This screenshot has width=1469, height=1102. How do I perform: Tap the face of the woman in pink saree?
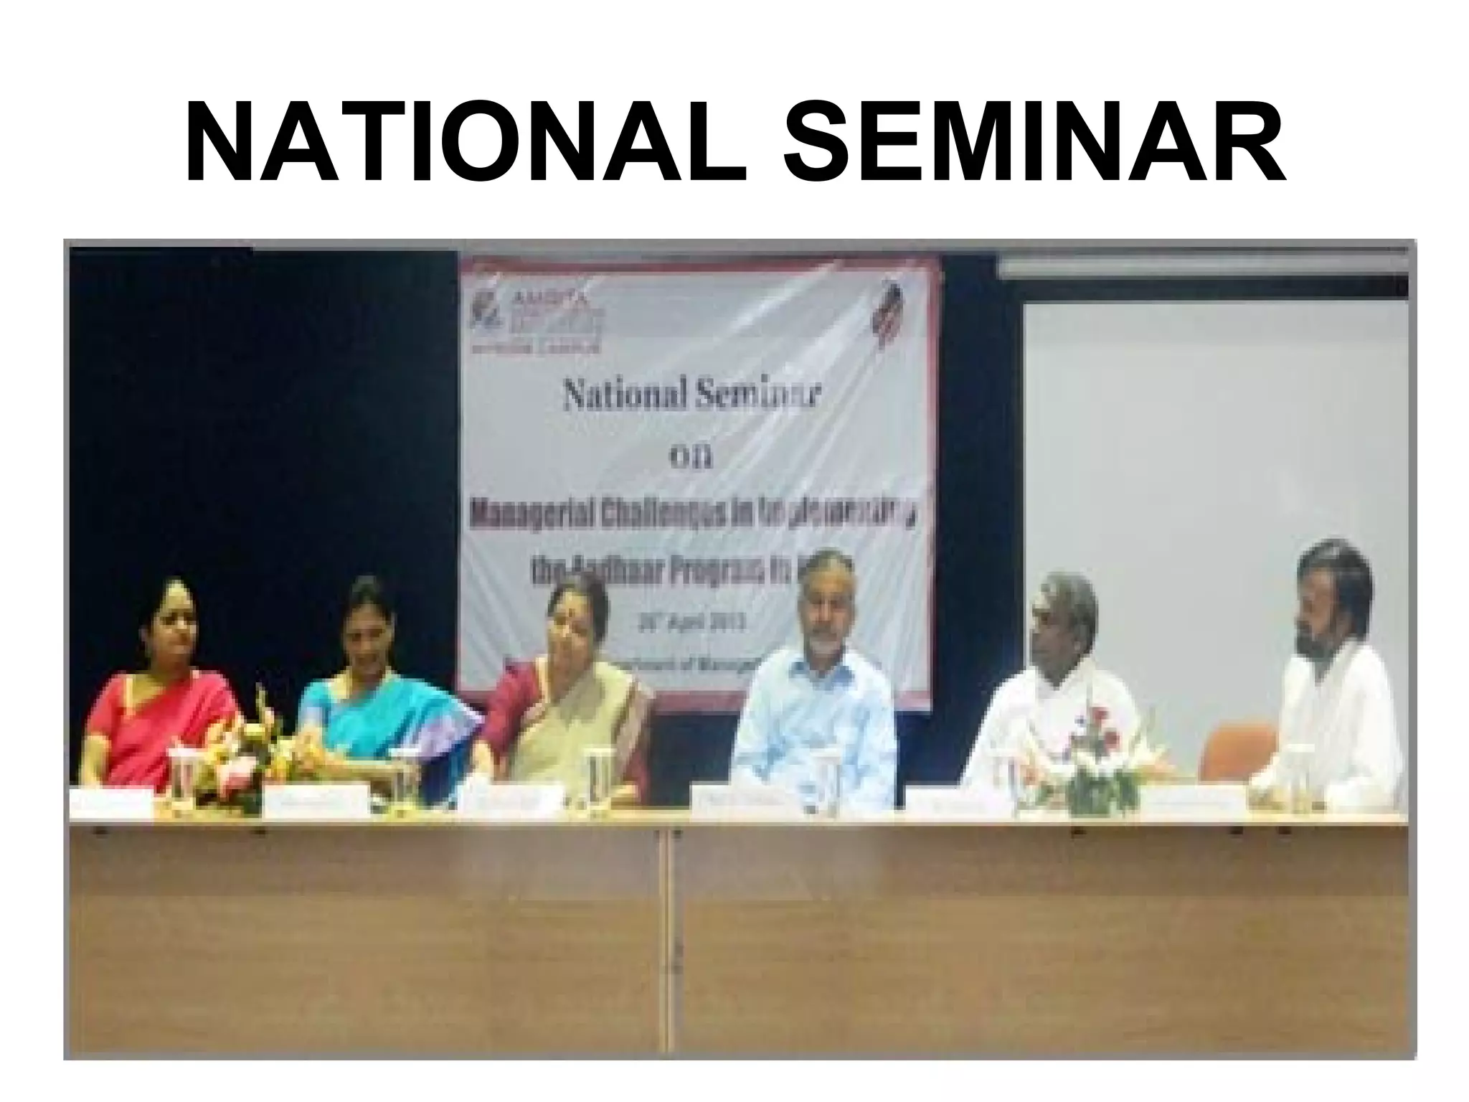click(x=176, y=631)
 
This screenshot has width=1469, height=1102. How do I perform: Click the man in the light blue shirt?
click(x=814, y=710)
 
